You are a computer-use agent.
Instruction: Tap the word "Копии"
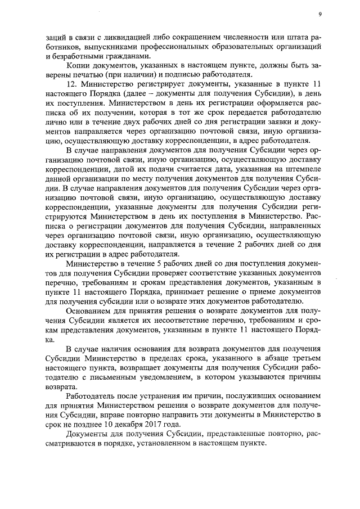point(78,66)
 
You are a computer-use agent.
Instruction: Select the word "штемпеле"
point(304,167)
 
